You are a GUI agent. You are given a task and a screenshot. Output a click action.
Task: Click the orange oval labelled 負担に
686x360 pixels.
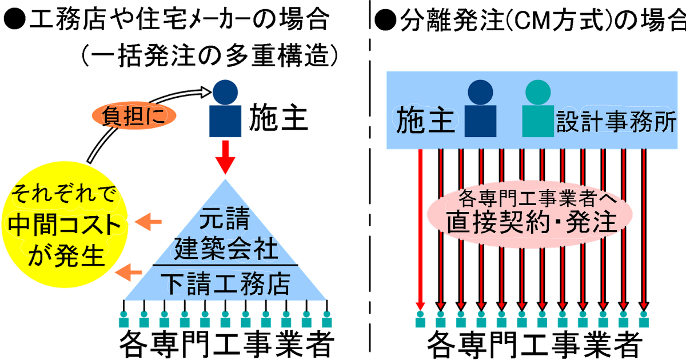point(132,116)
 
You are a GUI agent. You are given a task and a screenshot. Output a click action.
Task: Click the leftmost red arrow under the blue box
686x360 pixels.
point(421,229)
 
